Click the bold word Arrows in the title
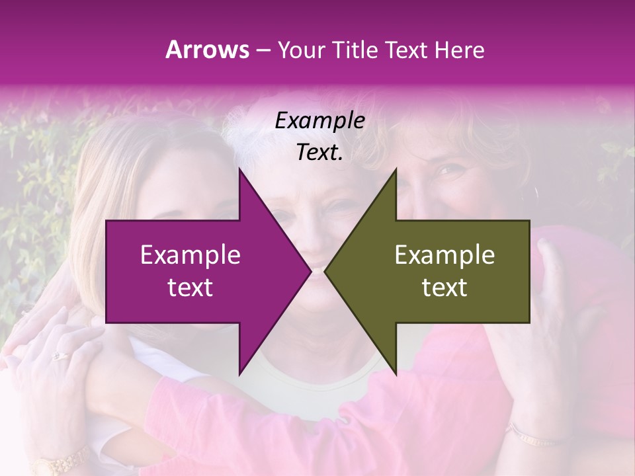(x=207, y=50)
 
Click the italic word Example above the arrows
(x=319, y=121)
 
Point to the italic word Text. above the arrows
(x=319, y=153)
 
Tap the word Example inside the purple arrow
(x=190, y=255)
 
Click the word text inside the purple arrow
(x=190, y=287)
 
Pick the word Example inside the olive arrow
(x=444, y=255)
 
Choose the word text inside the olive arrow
(x=444, y=287)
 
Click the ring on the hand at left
(x=60, y=356)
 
